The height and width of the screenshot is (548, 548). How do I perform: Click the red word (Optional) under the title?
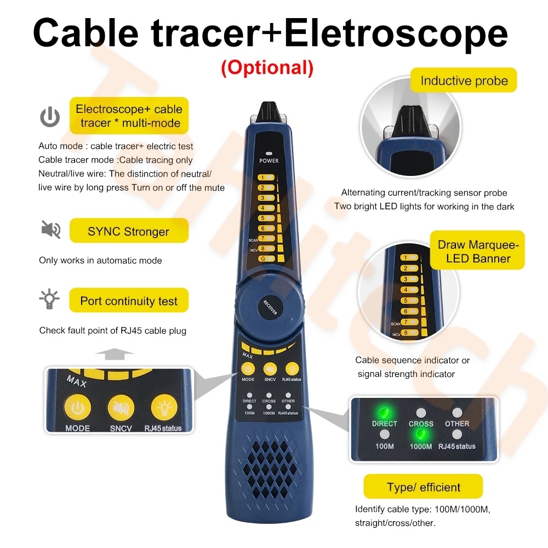pyautogui.click(x=267, y=68)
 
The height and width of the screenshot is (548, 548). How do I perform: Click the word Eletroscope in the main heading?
pyautogui.click(x=396, y=33)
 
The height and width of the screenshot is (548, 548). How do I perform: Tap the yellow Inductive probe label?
pyautogui.click(x=464, y=81)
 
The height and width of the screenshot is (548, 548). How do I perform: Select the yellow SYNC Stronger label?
pyautogui.click(x=129, y=231)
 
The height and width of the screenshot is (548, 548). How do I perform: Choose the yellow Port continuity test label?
pyautogui.click(x=129, y=300)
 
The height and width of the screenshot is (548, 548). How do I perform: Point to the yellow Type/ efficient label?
pyautogui.click(x=423, y=487)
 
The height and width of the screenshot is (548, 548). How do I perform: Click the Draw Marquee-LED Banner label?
pyautogui.click(x=478, y=250)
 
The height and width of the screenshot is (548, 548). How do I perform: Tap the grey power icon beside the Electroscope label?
pyautogui.click(x=50, y=117)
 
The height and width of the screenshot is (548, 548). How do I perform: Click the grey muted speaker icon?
pyautogui.click(x=51, y=230)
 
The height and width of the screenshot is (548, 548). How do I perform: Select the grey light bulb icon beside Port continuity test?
pyautogui.click(x=49, y=299)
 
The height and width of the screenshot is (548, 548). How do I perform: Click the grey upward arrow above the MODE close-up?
pyautogui.click(x=115, y=353)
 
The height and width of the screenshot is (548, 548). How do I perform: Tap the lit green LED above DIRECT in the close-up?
pyautogui.click(x=385, y=413)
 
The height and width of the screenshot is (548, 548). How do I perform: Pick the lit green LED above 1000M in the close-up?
pyautogui.click(x=421, y=435)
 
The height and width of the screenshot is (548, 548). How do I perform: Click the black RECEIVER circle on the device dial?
pyautogui.click(x=270, y=307)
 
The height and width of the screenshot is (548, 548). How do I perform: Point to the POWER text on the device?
pyautogui.click(x=269, y=161)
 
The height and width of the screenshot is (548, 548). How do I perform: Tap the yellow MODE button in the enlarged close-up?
pyautogui.click(x=78, y=408)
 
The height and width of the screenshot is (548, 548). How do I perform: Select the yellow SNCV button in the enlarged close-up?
pyautogui.click(x=121, y=408)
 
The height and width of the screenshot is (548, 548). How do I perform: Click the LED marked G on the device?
pyautogui.click(x=266, y=259)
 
